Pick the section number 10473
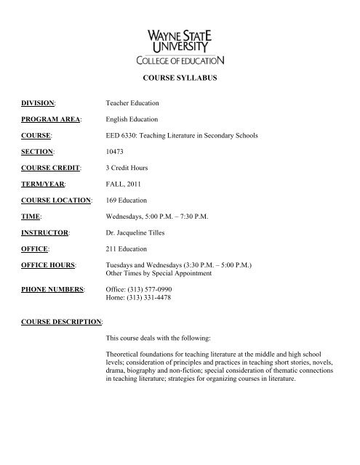tap(116, 153)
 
